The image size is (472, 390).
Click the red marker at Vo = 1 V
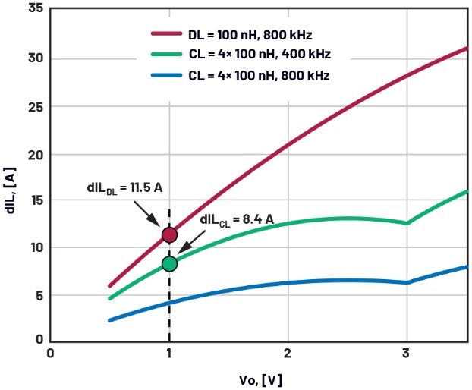169,234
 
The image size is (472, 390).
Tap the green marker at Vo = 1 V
169,263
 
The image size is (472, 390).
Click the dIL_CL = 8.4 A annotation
236,220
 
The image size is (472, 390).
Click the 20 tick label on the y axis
34,154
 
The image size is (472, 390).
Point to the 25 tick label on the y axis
34,107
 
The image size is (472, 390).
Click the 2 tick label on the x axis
288,354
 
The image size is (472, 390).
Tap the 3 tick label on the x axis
407,354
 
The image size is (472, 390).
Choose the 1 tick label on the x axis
169,354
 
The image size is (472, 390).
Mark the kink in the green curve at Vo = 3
407,223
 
